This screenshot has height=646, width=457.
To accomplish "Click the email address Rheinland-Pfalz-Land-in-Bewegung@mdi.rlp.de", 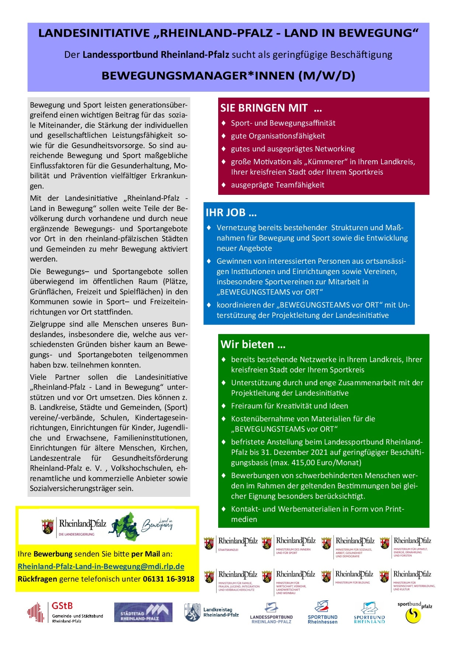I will (x=101, y=566).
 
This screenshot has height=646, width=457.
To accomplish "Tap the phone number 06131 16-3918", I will (x=168, y=579).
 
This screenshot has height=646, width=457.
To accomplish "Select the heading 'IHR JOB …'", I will (x=231, y=213).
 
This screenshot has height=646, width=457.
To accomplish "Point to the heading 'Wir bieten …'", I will (x=253, y=344).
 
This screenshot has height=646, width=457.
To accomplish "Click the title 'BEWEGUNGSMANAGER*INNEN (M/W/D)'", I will (x=228, y=76).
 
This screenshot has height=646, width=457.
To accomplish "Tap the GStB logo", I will (x=65, y=612).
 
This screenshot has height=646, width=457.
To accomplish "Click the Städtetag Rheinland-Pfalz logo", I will (x=143, y=612).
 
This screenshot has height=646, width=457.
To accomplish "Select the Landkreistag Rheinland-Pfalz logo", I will (x=212, y=612).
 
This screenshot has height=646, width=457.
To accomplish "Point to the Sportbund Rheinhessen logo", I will (x=322, y=612).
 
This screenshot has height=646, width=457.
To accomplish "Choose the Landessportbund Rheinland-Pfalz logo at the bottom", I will (x=271, y=613).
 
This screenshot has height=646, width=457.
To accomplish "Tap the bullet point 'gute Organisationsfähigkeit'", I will (x=278, y=136).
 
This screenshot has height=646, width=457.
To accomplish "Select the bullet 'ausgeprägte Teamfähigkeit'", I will (x=278, y=185).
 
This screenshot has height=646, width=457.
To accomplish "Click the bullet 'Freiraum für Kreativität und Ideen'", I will (x=289, y=406).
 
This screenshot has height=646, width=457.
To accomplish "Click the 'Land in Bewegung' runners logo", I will (x=140, y=526).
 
